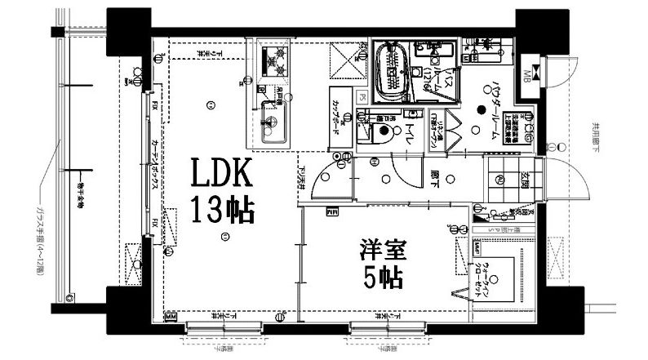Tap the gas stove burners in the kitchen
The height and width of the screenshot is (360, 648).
(x=275, y=60)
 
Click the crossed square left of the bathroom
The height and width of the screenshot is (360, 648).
(x=338, y=59)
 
